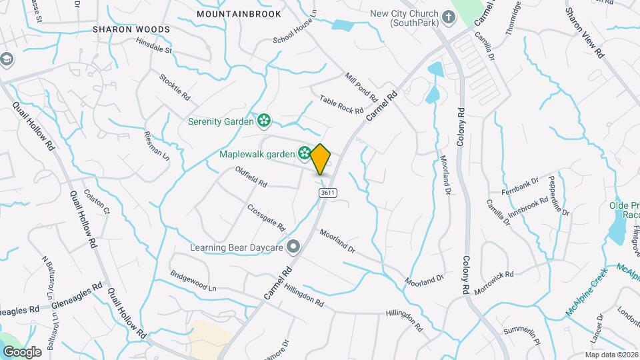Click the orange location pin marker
(321, 159)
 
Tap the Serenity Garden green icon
(264, 121)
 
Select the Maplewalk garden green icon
(304, 154)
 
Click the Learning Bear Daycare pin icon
(293, 247)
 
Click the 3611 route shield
(327, 193)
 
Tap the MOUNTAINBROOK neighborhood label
(239, 13)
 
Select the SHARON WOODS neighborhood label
(131, 30)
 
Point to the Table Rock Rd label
(341, 104)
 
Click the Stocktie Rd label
(175, 87)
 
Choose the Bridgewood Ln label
(193, 281)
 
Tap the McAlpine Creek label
(588, 291)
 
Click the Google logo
(22, 351)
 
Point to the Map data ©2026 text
(611, 355)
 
